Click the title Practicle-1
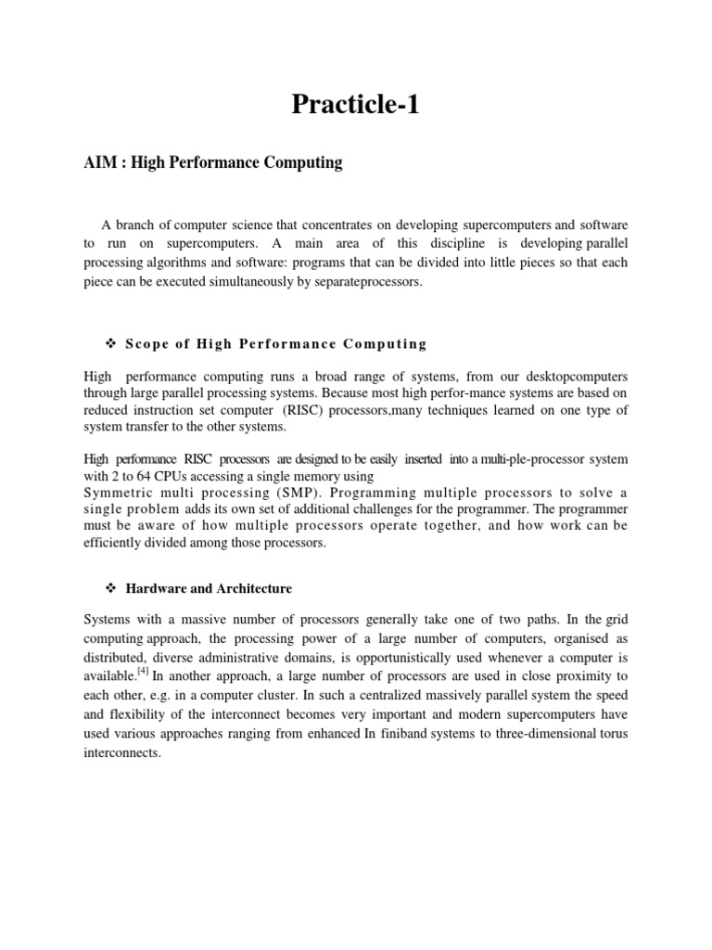pyautogui.click(x=356, y=105)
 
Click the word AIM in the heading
pyautogui.click(x=100, y=163)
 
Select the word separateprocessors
pyautogui.click(x=368, y=281)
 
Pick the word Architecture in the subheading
pyautogui.click(x=254, y=589)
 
